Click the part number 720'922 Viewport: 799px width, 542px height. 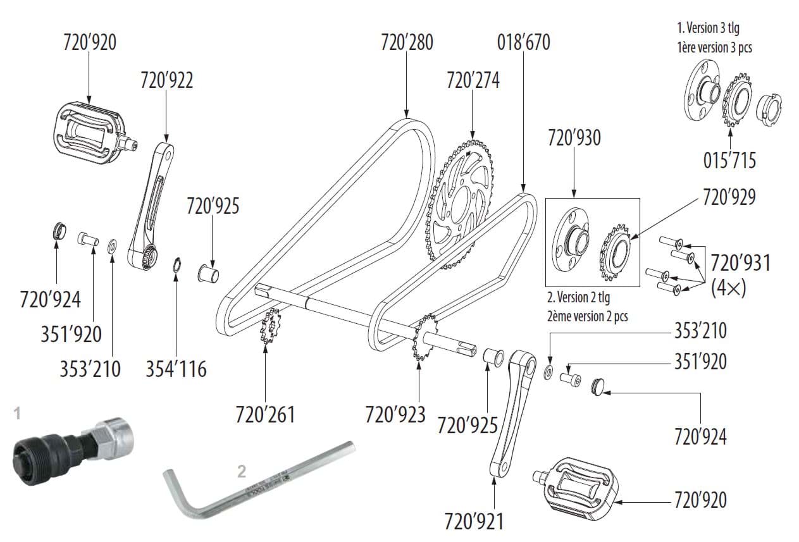(166, 80)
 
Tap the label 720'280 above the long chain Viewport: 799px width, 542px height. (407, 42)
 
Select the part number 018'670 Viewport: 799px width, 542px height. (524, 42)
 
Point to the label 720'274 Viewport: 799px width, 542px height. (473, 80)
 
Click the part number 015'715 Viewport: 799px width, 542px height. (730, 160)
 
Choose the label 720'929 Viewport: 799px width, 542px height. (729, 197)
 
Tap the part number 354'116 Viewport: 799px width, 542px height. (177, 369)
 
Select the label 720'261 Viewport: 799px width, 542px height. (265, 415)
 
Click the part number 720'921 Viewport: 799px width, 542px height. (474, 521)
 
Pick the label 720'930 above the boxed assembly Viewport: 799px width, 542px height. (574, 138)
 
